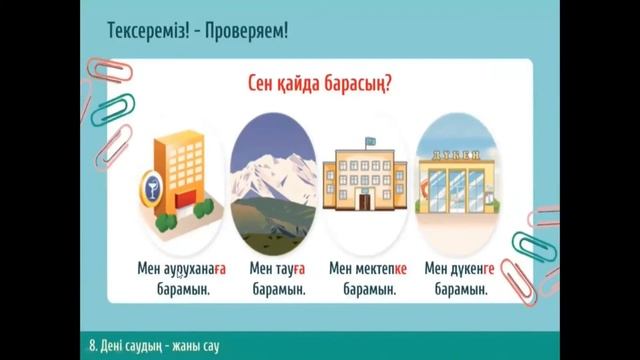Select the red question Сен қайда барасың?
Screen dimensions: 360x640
pos(321,84)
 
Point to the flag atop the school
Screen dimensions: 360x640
pos(370,143)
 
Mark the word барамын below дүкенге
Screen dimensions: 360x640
pos(456,289)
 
